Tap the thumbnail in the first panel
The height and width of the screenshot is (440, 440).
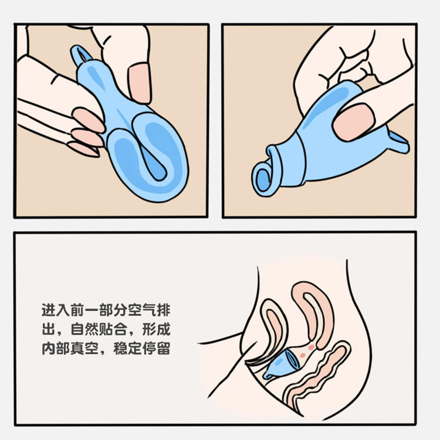[x=140, y=83]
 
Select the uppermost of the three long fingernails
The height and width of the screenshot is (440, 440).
[x=89, y=120]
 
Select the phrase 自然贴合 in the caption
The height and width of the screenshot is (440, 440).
[x=94, y=329]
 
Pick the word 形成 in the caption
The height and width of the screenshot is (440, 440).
[x=158, y=329]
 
